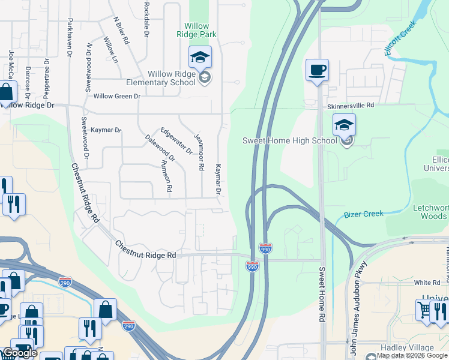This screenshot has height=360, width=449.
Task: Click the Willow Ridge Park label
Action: coord(196,30)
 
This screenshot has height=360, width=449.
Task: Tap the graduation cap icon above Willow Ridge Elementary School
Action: coord(200,58)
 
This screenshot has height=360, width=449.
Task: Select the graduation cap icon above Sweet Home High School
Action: coord(344,125)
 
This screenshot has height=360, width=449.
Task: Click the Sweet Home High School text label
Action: coord(289,140)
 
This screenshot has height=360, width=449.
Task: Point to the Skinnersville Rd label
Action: coord(351,105)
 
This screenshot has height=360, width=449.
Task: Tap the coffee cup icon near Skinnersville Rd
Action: coord(317,70)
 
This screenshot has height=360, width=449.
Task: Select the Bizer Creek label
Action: coord(363,214)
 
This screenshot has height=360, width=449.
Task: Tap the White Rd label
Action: coord(427,282)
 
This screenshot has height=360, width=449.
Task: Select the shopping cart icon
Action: coord(424,310)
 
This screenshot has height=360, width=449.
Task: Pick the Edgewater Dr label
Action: coord(176,140)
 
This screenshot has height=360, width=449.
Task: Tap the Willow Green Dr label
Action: coord(116,96)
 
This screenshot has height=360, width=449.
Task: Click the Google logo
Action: coord(20,353)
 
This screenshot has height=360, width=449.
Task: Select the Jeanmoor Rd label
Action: coord(198,152)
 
